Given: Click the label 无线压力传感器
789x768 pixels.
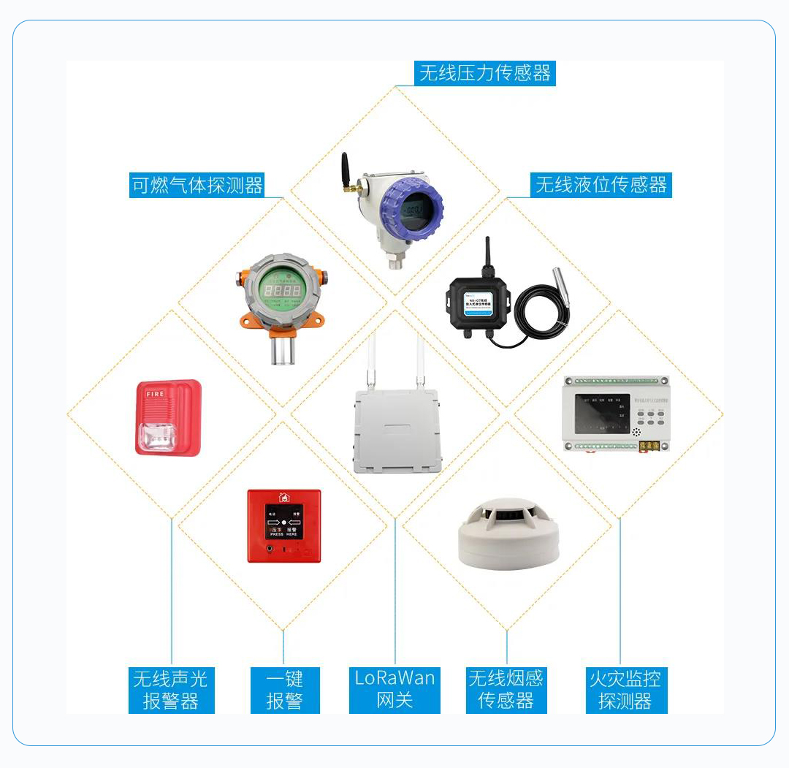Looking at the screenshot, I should tap(484, 73).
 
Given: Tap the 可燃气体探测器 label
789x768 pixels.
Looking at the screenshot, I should tap(197, 185).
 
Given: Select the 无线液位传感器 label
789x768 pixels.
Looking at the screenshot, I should tap(601, 185).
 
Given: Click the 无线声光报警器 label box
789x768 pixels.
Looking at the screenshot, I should tap(171, 690).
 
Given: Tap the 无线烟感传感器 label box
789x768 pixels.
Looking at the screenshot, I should tap(506, 690).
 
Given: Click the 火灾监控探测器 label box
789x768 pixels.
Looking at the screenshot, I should tap(625, 690).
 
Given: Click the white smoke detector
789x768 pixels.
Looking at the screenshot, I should tap(508, 536).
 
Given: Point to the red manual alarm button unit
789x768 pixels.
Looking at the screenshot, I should tap(284, 525).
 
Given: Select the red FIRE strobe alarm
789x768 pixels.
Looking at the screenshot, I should tap(168, 418).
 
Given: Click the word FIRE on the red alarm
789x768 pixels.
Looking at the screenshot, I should tap(156, 393).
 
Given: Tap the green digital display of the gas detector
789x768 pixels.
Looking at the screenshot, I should tap(282, 292).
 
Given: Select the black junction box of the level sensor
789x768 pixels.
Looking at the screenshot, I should tap(479, 305).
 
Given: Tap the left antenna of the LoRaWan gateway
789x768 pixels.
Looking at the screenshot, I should tap(371, 358).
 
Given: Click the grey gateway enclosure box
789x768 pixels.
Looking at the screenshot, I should tap(397, 431).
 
